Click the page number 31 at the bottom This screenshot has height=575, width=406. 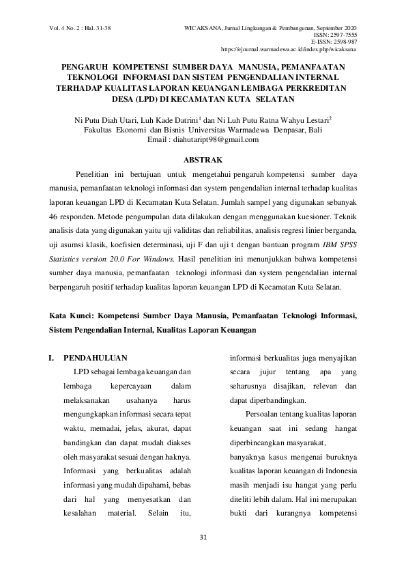point(203,535)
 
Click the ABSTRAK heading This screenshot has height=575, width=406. point(203,159)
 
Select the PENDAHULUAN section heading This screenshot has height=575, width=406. point(95,356)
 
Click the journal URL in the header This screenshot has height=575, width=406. point(290,50)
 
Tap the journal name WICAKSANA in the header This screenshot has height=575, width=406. point(201,28)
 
